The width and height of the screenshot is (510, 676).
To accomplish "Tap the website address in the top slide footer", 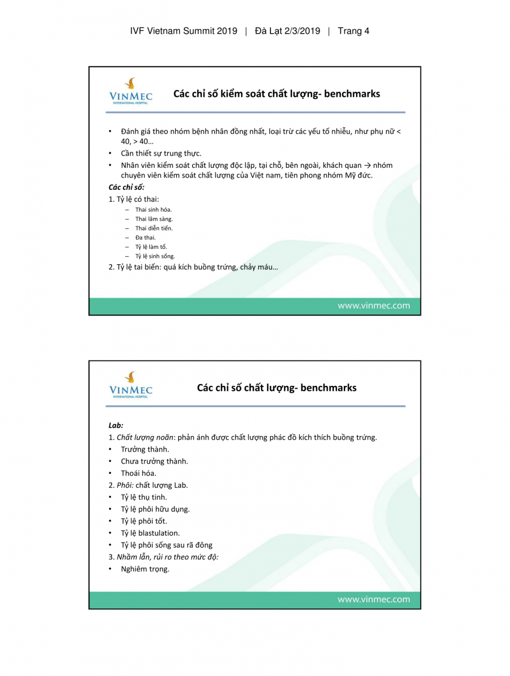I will tap(374, 306).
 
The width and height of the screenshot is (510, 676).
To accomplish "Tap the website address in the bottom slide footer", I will tap(374, 599).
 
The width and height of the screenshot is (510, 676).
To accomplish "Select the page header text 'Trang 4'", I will tap(353, 31).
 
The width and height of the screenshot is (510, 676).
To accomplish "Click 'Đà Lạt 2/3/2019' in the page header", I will tap(287, 31).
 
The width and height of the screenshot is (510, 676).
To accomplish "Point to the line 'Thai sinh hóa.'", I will tap(153, 210).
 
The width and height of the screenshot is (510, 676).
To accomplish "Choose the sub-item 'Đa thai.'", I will tap(145, 237).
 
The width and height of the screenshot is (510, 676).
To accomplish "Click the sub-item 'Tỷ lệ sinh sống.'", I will tap(155, 256).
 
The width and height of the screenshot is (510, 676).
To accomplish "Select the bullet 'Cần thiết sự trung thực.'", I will tap(161, 153).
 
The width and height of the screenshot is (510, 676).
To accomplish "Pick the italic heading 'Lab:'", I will tap(116, 425).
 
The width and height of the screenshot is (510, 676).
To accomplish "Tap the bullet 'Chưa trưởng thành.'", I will tap(154, 461).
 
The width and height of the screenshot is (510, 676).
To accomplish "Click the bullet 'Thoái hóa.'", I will tap(139, 473).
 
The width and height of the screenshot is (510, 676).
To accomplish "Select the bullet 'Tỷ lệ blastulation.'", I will tap(150, 533).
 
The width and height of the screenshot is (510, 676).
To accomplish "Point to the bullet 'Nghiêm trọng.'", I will tap(145, 569).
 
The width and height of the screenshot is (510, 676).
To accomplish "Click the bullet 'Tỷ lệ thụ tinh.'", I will tap(144, 497).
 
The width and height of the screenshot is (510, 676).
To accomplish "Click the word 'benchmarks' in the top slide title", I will tap(349, 94).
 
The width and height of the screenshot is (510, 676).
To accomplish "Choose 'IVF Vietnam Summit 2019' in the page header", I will tap(184, 31).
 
